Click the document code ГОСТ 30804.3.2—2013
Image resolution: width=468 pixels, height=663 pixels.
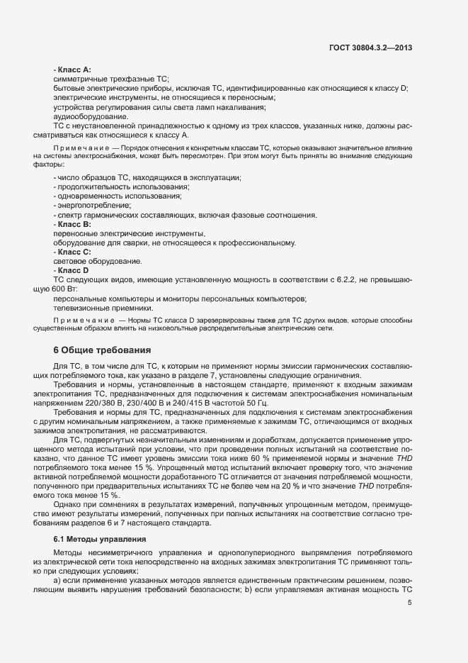(371, 48)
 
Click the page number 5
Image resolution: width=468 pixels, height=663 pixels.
(410, 603)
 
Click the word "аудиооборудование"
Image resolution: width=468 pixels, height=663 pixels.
(91, 116)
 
